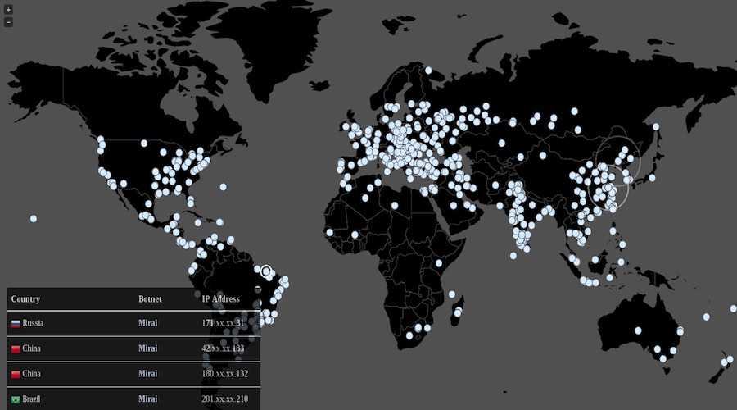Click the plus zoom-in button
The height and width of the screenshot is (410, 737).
click(8, 10)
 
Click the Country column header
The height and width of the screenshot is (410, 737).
click(25, 299)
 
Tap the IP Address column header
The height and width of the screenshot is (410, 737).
click(220, 299)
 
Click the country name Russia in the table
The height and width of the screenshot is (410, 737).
click(34, 324)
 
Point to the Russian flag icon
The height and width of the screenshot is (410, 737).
click(16, 324)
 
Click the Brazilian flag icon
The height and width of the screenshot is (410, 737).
click(16, 399)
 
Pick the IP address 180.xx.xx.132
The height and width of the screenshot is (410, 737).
click(225, 374)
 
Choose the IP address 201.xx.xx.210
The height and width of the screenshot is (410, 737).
click(225, 399)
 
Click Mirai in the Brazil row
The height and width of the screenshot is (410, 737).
click(148, 399)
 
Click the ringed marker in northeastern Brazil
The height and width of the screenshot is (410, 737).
click(265, 271)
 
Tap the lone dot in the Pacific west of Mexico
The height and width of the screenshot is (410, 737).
click(34, 219)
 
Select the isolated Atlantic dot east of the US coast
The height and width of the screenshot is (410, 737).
click(223, 187)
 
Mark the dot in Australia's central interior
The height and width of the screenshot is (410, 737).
click(638, 330)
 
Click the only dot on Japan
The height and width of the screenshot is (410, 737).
click(653, 177)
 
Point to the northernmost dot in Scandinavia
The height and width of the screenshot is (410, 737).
click(427, 70)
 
